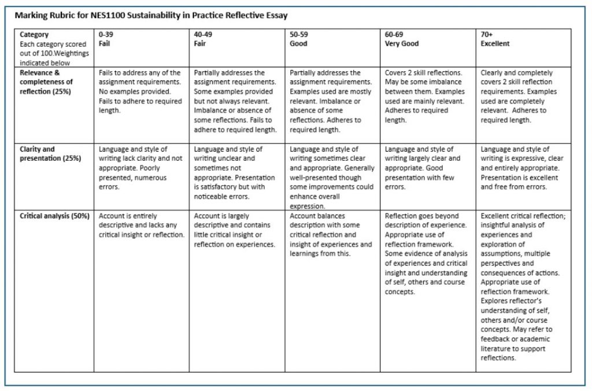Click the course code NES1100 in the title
(109, 14)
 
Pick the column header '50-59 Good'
(298, 39)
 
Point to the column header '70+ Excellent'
(495, 39)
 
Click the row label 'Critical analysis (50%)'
(54, 216)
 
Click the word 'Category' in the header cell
(34, 35)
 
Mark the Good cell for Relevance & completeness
(332, 101)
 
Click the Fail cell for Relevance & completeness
(140, 91)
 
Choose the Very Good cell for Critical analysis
(427, 253)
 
